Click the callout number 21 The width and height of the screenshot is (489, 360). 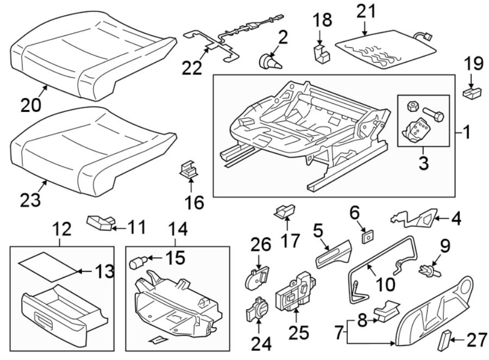[x=368, y=11]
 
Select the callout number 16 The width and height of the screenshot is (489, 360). [x=195, y=203]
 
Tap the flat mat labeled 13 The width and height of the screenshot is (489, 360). [x=46, y=267]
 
